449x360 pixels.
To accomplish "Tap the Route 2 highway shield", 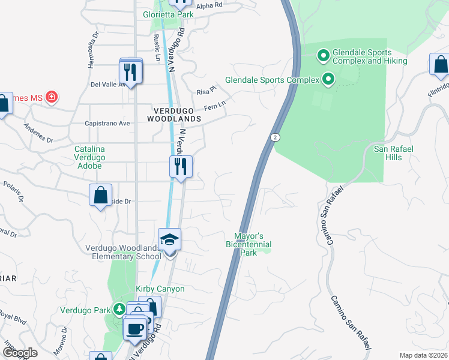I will pyautogui.click(x=274, y=137).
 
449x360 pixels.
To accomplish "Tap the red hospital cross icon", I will pyautogui.click(x=52, y=97).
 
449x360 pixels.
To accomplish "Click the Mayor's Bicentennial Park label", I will pyautogui.click(x=249, y=244).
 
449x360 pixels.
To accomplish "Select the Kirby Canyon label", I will pyautogui.click(x=160, y=289).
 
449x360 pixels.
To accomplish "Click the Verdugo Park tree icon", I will pyautogui.click(x=120, y=310).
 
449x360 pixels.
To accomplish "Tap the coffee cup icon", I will pyautogui.click(x=134, y=329).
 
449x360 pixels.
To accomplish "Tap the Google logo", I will pyautogui.click(x=20, y=353).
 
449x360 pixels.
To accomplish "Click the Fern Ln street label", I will pyautogui.click(x=214, y=106).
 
